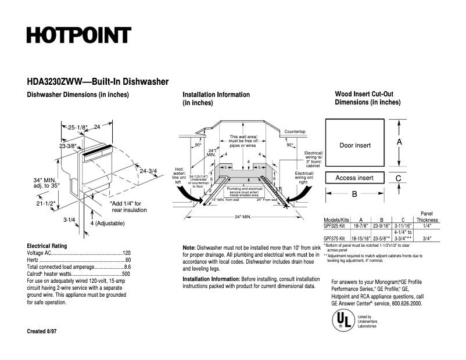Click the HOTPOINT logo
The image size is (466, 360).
[x=78, y=35]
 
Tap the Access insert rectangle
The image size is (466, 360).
[x=354, y=178]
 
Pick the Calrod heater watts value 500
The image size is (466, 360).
[x=126, y=273]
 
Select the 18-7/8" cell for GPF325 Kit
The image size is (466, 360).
[x=361, y=226]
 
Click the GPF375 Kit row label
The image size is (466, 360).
[x=335, y=238]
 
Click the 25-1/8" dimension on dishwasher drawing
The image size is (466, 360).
[x=77, y=127]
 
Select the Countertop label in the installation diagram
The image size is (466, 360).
[x=295, y=132]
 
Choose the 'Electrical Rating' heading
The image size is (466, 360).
[x=46, y=246]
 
